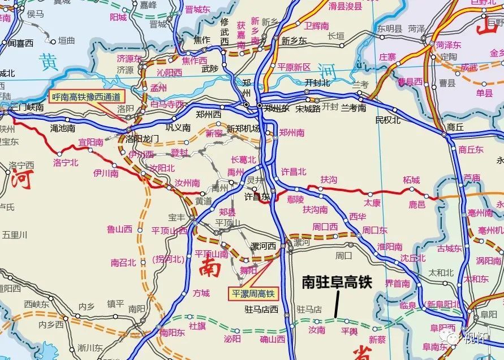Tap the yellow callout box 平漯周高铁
[x=253, y=293]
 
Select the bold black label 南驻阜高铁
[x=337, y=282]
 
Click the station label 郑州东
[x=277, y=107]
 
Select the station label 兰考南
[x=354, y=108]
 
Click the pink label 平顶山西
[x=169, y=231]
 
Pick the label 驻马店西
[x=261, y=309]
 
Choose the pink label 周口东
[x=374, y=230]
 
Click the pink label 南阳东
[x=172, y=333]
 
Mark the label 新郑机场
[x=243, y=128]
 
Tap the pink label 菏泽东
[x=448, y=45]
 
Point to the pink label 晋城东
[x=198, y=10]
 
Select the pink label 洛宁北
[x=66, y=162]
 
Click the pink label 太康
[x=372, y=202]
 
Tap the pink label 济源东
[x=130, y=58]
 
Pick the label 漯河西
[x=264, y=246]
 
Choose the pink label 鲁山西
[x=119, y=229]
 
